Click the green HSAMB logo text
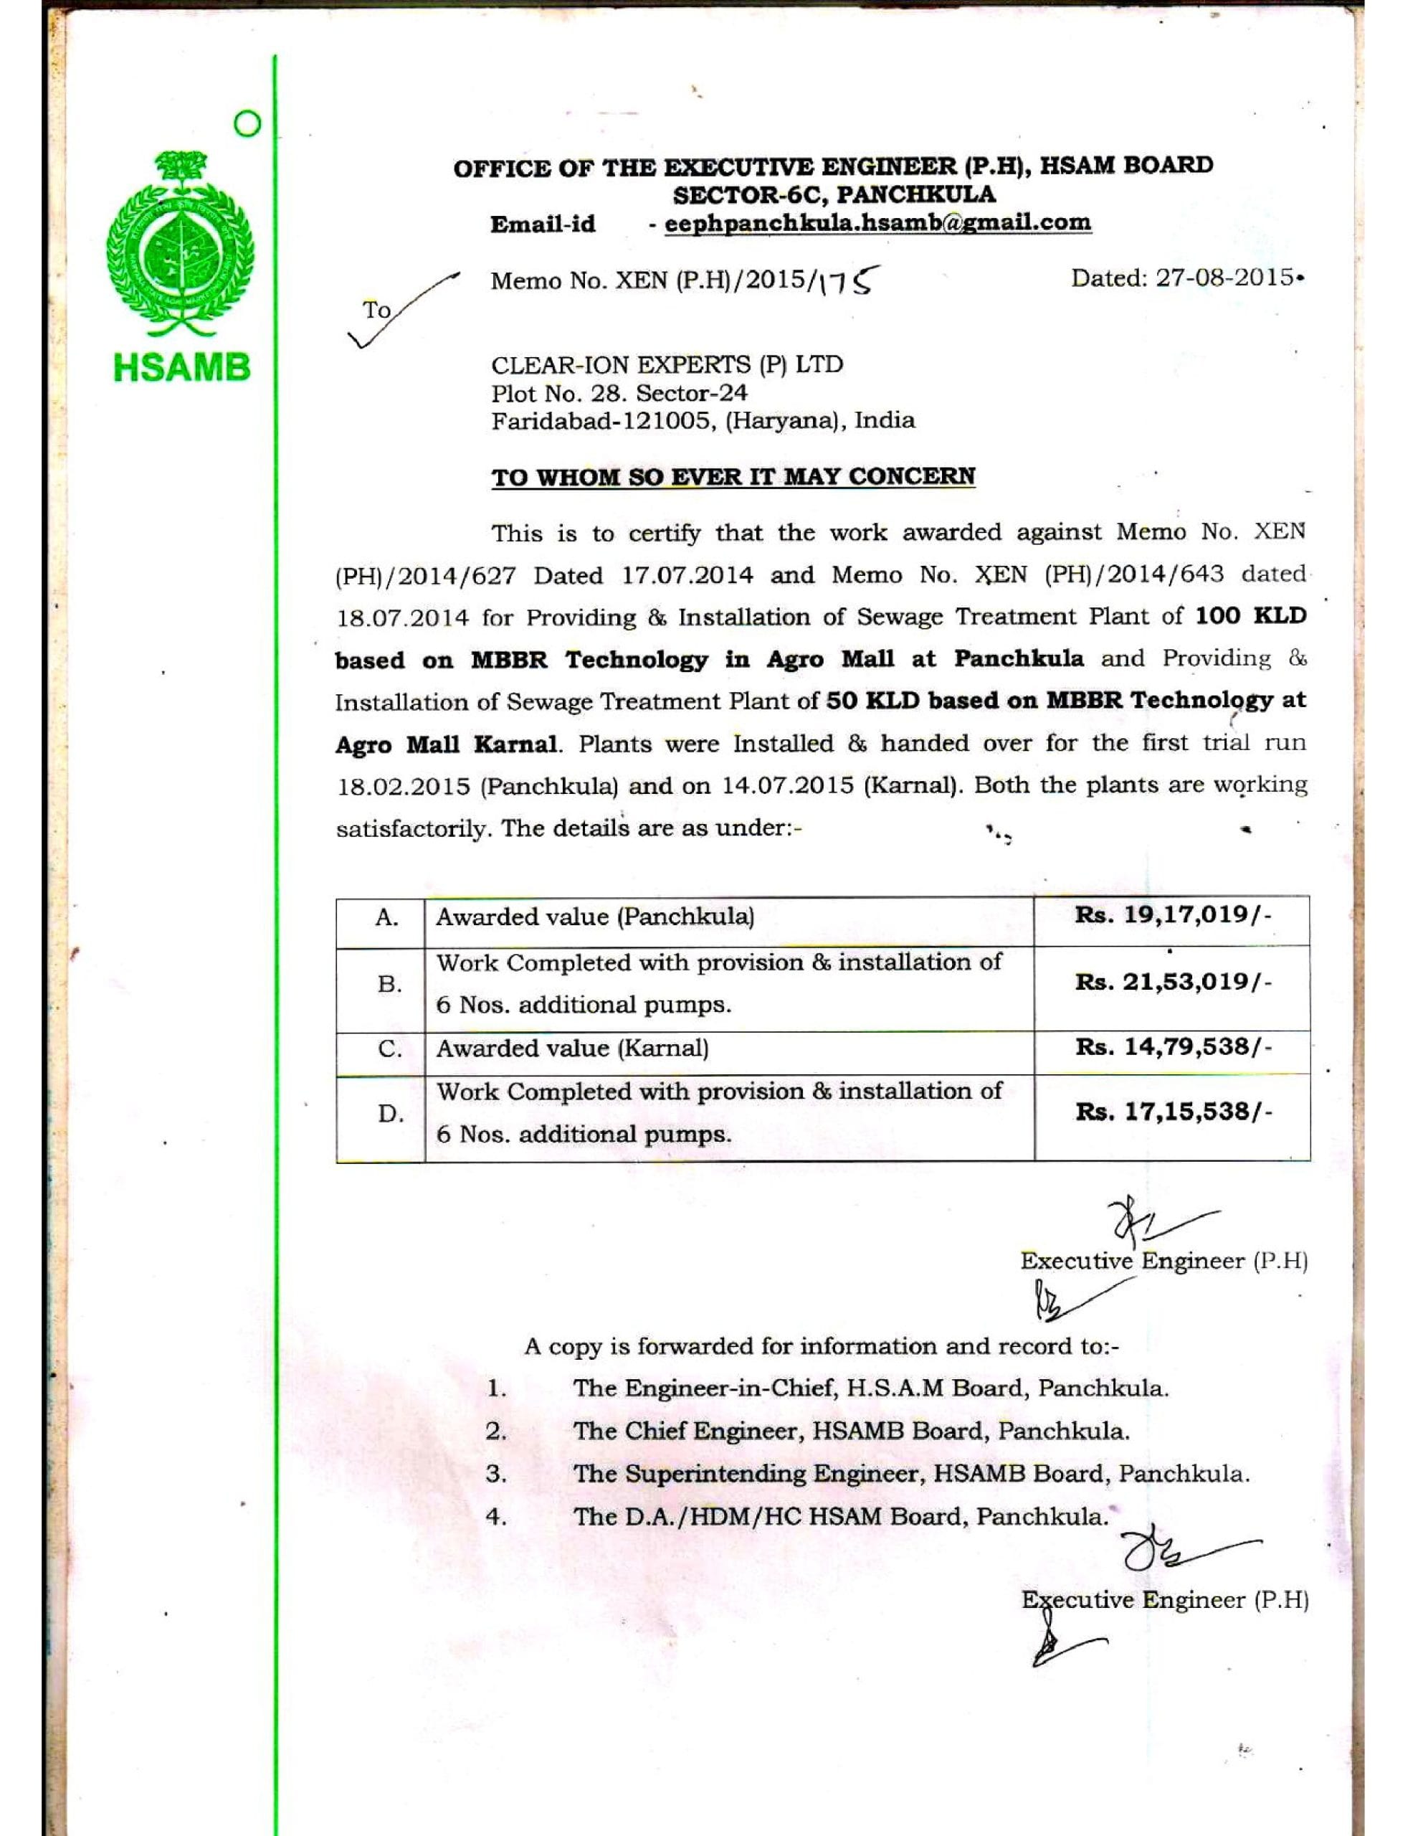[x=182, y=367]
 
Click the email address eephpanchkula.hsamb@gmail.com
[x=877, y=223]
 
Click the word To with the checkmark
[x=377, y=311]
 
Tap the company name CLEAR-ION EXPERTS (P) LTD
[x=667, y=364]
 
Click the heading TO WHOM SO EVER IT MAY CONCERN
[x=733, y=475]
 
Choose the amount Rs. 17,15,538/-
[x=1174, y=1112]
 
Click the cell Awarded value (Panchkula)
[x=594, y=917]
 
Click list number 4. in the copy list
[x=496, y=1518]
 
